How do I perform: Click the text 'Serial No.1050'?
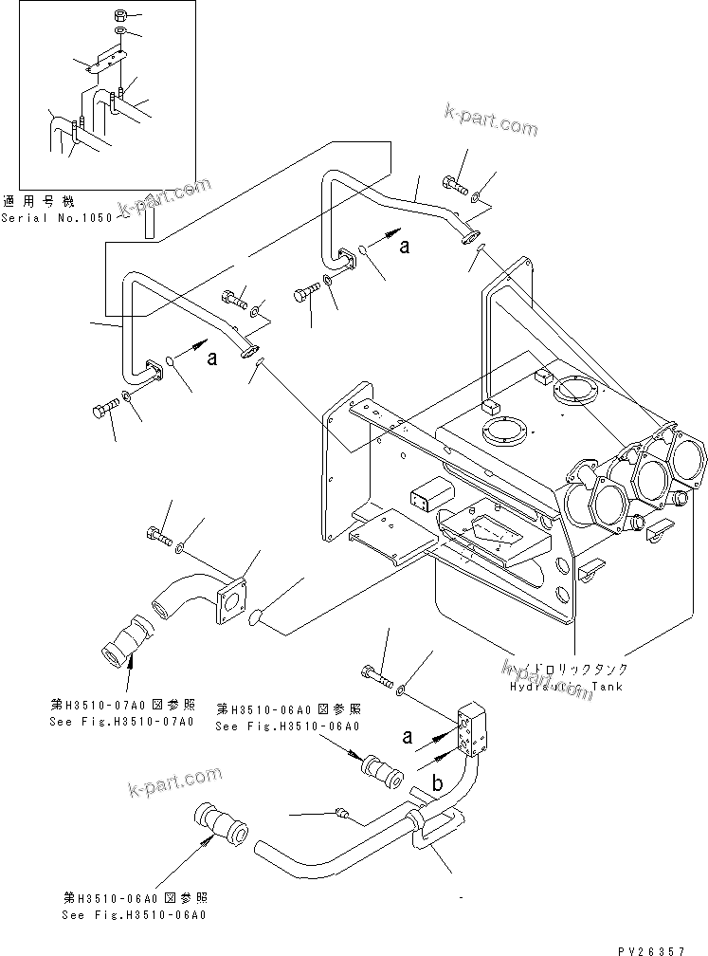pos(56,217)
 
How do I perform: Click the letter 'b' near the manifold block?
pos(437,783)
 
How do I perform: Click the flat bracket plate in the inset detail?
pos(106,63)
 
